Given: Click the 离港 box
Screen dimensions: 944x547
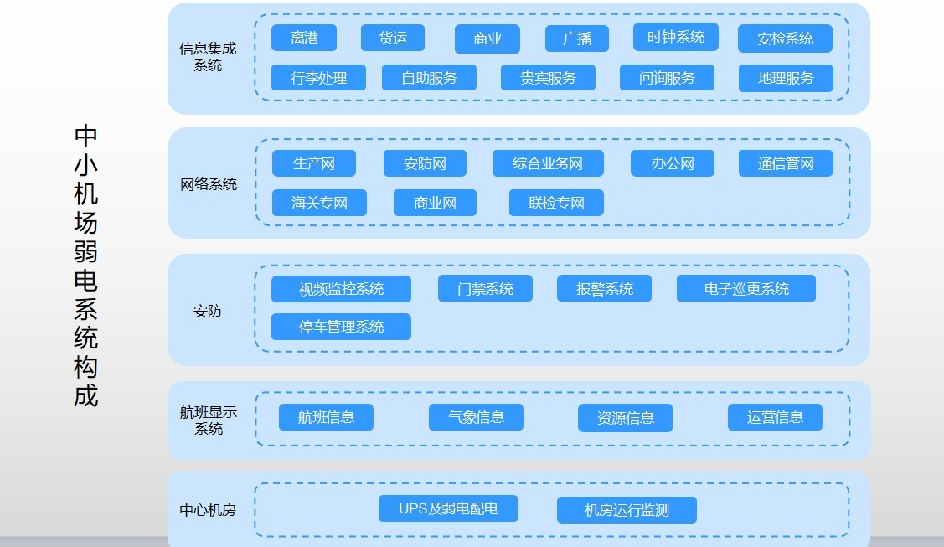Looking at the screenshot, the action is pos(304,38).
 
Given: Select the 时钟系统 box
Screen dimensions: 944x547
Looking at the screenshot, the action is pos(675,37).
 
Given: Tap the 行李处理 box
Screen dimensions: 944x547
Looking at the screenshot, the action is pos(318,78).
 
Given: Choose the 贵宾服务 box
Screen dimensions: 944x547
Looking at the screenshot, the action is pos(548,78).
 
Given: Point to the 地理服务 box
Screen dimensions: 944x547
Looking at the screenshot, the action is pos(786,78).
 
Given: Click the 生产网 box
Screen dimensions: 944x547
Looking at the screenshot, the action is pos(313,163).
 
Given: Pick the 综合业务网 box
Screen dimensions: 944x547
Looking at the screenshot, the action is pos(548,163).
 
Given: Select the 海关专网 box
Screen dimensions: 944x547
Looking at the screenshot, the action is pos(319,203).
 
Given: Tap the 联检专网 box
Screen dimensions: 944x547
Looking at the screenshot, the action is pos(556,203).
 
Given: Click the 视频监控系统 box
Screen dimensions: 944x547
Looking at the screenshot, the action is pos(342,289).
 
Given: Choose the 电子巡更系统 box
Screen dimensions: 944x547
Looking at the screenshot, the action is pos(746,288).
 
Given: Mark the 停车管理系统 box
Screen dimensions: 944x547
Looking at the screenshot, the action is pos(342,327).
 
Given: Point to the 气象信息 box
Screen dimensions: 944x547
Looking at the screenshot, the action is pos(476,417).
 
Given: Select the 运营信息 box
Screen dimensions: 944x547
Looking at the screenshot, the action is pos(775,417).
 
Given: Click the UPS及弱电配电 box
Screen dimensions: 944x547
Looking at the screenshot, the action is pos(448,508).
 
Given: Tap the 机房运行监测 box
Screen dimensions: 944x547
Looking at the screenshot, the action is pos(627,510).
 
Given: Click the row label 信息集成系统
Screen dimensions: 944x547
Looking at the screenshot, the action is pos(208,57).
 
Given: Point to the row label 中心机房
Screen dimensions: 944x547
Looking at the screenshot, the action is pos(208,510).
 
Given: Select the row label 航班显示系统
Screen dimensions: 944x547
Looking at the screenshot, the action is pos(209,420).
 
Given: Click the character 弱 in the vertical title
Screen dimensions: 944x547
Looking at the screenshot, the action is pos(85,251).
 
